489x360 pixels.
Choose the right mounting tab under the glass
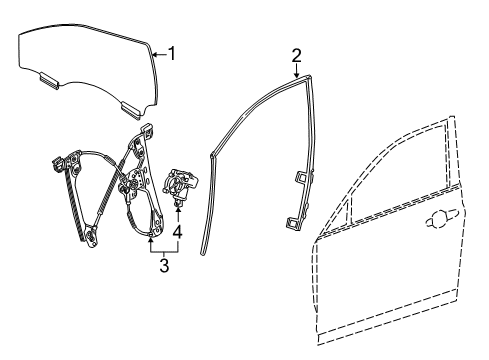tap(129, 106)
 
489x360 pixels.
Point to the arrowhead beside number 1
tap(155, 54)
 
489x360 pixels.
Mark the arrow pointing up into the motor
tap(179, 206)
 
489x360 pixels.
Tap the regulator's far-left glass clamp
tap(55, 159)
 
